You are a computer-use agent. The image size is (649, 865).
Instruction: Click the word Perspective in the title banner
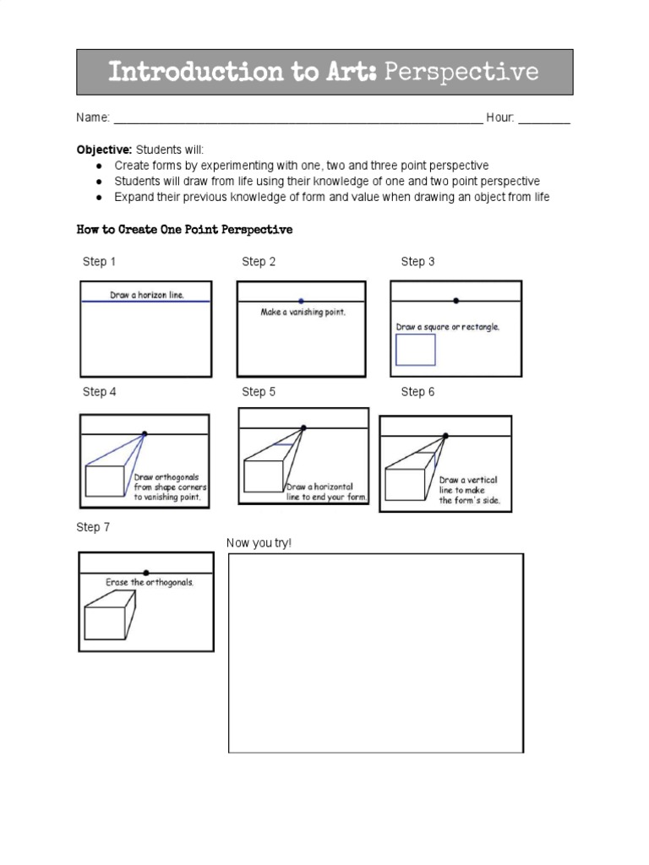tap(461, 72)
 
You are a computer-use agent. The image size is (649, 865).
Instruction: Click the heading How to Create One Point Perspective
tap(184, 230)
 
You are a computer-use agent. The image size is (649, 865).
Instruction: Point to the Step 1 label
tap(99, 262)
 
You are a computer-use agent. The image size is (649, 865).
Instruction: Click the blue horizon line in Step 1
tap(145, 302)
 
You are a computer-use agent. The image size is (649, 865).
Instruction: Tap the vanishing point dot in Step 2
tap(302, 301)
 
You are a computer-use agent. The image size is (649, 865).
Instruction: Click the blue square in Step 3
tap(416, 350)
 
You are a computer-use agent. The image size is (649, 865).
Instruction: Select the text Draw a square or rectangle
tap(448, 327)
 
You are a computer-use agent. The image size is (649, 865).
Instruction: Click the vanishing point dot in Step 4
tap(145, 433)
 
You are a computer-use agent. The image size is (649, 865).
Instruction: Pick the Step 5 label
tap(259, 392)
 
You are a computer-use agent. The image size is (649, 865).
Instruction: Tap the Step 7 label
tap(93, 527)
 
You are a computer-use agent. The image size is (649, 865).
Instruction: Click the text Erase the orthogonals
tap(149, 583)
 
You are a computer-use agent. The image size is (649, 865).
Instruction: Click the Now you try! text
tap(259, 543)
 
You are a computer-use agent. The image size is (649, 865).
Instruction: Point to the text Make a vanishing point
tap(303, 313)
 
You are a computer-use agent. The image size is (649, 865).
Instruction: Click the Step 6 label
tap(417, 392)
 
